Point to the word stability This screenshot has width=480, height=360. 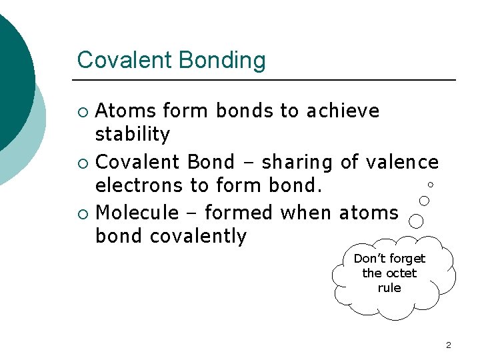coord(133,135)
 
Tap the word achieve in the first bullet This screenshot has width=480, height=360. coord(343,111)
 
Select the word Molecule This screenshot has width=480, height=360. coord(137,213)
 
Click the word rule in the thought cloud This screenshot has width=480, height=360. coord(389,288)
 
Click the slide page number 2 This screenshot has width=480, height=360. coord(448,345)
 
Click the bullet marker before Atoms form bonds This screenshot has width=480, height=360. coord(82,111)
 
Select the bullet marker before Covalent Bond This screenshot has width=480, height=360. coord(82,163)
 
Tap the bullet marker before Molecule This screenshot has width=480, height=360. coord(82,213)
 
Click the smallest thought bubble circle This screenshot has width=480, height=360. coord(431,184)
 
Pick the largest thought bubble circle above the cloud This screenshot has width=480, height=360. coord(416,221)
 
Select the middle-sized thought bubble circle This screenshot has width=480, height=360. coord(423,200)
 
